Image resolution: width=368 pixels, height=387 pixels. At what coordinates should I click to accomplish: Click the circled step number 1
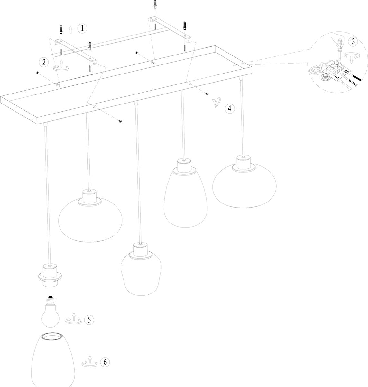coord(82,28)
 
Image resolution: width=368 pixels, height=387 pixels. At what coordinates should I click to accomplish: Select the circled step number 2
coord(44,62)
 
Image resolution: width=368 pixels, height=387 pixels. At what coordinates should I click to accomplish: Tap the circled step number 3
coord(353,42)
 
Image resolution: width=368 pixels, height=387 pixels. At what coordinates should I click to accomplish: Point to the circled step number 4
coord(229,108)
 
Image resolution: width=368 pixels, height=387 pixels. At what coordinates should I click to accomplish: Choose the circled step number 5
coord(89,320)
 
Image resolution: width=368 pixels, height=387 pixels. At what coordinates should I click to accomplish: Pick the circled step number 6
coord(105,362)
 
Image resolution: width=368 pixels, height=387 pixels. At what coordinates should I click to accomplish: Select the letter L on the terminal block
coord(337,78)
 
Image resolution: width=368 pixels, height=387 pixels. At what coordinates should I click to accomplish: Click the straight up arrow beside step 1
coord(71,30)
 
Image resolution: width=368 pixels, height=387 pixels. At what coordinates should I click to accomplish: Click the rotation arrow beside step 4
coord(216,102)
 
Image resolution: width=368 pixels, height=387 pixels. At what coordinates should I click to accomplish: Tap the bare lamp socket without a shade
coord(50,275)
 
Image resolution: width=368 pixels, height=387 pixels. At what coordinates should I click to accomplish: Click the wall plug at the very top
coord(155,4)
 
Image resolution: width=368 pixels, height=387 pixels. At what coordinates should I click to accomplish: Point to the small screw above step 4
coord(207,94)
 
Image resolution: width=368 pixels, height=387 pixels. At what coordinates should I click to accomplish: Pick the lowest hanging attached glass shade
coord(141,269)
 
